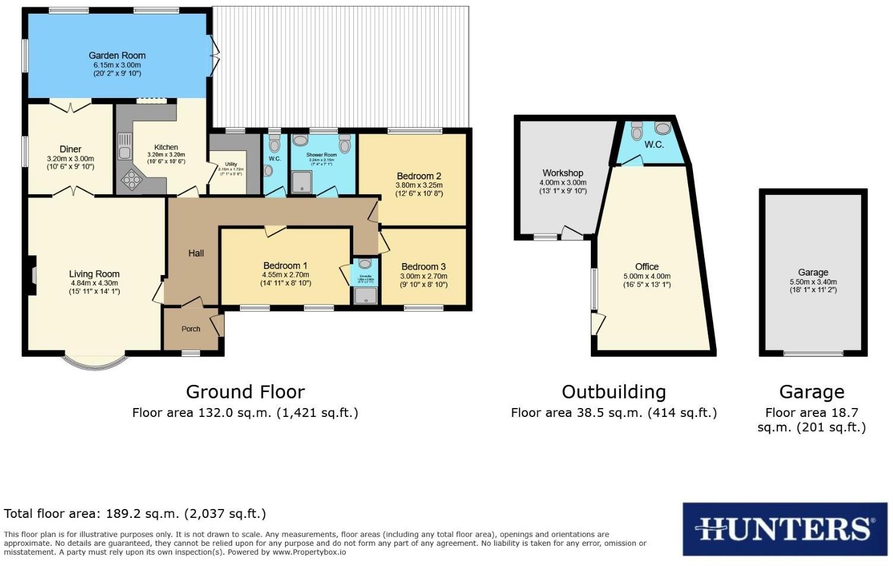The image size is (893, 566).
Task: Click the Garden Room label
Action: (117, 55)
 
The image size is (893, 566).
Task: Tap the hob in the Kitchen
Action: (131, 179)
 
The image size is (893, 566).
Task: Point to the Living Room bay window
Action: (95, 362)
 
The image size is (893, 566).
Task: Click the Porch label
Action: (191, 329)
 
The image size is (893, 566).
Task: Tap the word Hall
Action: (196, 253)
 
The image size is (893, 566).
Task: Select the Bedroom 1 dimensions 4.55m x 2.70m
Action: (286, 275)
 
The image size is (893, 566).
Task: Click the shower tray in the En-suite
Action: (365, 295)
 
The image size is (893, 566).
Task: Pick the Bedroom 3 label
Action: (423, 267)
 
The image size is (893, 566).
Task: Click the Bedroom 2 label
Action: (419, 176)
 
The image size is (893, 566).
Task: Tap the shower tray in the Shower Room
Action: (302, 182)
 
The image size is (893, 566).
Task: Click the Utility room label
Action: (230, 164)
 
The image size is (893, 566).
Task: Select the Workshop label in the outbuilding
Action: (562, 173)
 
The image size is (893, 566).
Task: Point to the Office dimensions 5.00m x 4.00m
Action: (647, 276)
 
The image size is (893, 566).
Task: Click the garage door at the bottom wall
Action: (813, 353)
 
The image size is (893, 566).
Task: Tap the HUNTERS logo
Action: (784, 529)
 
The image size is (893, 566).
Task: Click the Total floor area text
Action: (135, 514)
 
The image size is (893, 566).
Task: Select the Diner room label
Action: (70, 149)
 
